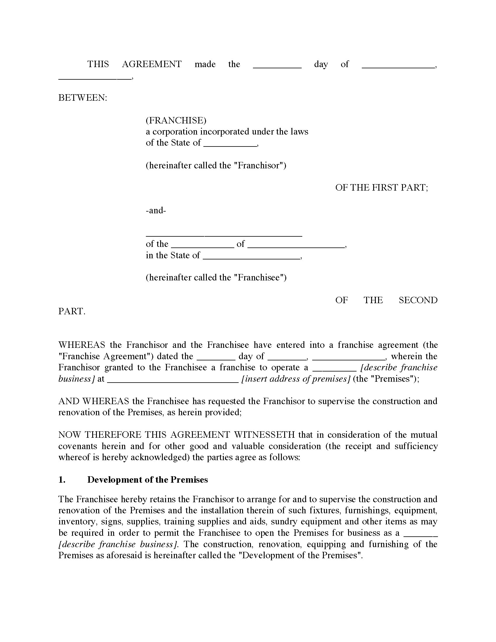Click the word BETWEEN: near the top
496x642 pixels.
83,98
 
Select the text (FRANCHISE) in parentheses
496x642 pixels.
176,120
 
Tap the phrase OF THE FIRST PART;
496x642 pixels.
382,188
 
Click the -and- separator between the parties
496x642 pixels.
156,210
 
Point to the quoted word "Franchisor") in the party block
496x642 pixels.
261,165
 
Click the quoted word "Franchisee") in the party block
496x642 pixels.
262,278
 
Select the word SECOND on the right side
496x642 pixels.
418,300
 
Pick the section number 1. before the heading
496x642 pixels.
62,480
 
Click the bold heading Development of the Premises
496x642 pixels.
148,480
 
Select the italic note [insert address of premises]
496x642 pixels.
295,379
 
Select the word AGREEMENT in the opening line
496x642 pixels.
152,64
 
